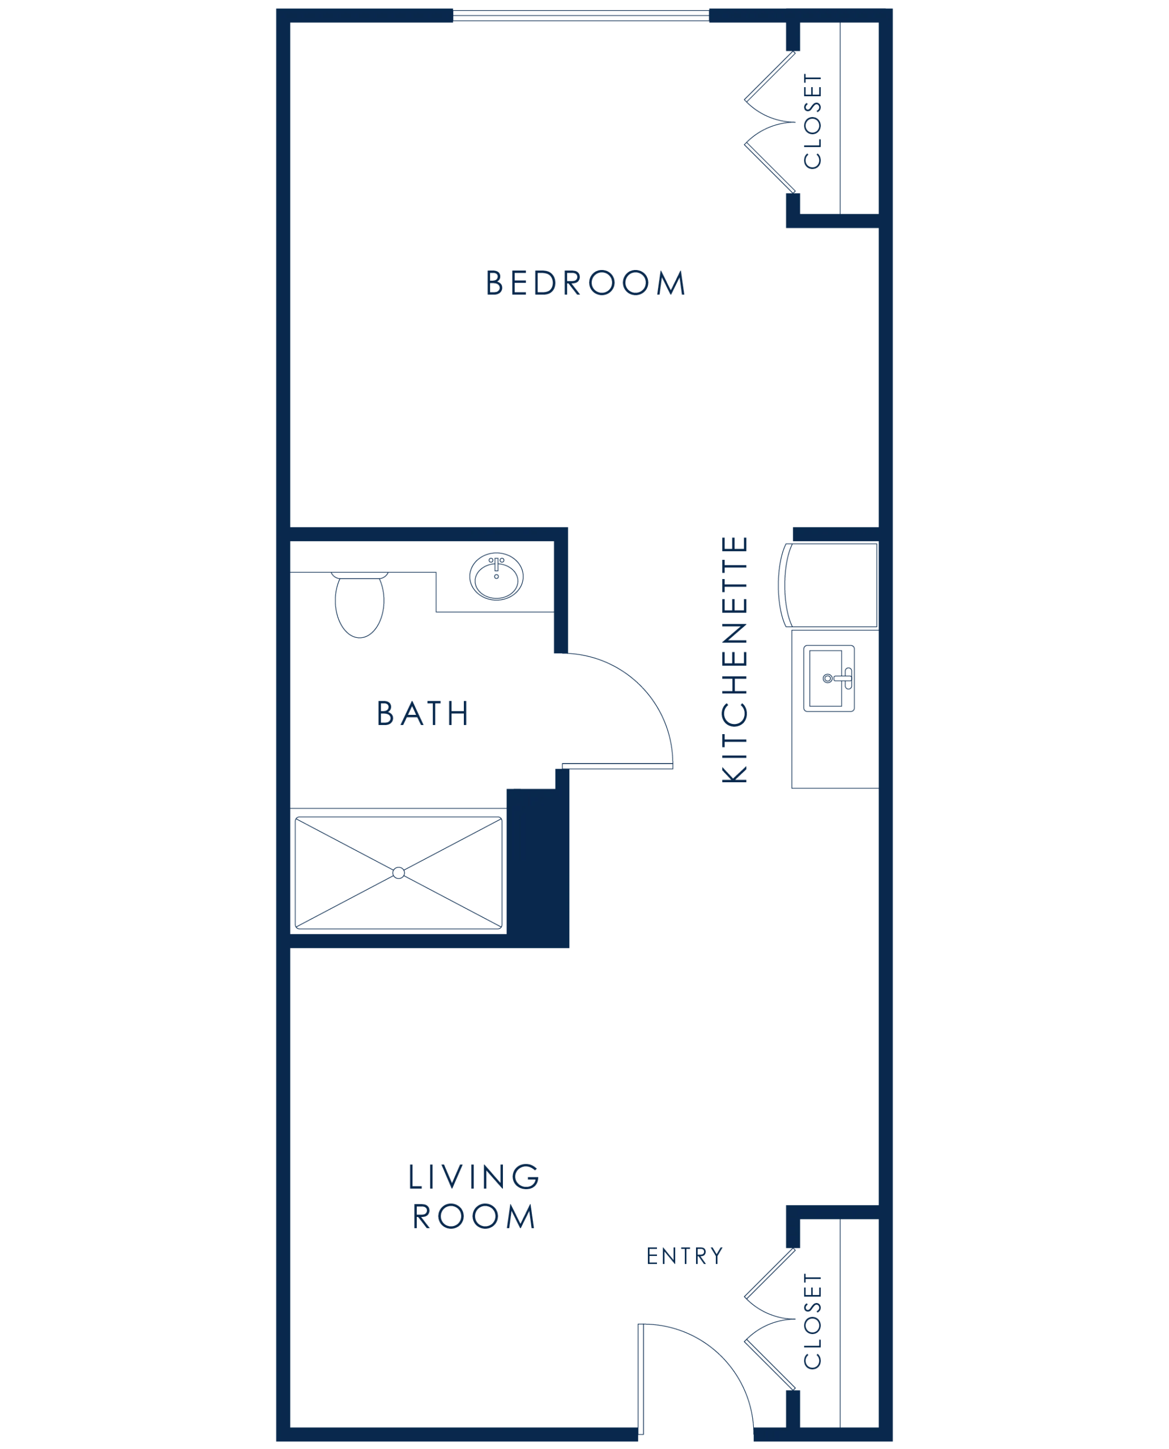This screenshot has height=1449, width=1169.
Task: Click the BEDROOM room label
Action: (585, 282)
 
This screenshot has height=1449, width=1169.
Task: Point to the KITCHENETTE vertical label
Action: (735, 659)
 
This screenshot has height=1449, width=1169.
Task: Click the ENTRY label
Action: (684, 1256)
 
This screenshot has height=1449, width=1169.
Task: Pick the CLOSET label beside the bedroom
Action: (813, 121)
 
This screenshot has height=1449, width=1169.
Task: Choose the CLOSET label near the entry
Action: (813, 1321)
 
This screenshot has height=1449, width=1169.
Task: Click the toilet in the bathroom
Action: (360, 605)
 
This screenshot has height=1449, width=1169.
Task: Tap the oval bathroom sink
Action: (496, 577)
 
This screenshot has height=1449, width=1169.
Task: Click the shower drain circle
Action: (399, 873)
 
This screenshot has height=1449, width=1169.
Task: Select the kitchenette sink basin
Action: (826, 679)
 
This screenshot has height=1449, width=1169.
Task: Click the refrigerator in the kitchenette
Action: (828, 585)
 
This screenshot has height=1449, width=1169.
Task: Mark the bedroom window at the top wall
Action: (581, 15)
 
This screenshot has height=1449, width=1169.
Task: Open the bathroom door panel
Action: (617, 766)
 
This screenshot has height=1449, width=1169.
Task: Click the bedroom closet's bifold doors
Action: (770, 122)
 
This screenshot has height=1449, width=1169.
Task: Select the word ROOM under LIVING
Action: (473, 1216)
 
